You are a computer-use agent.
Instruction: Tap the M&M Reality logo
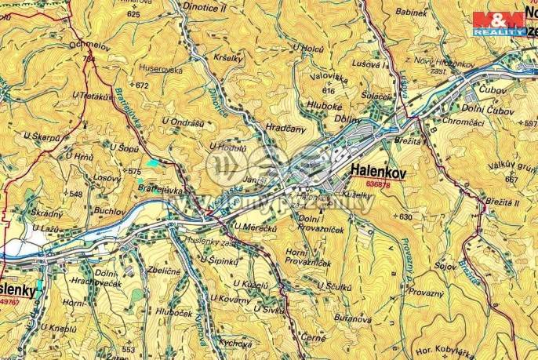tap(499, 23)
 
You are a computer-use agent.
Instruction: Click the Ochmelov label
tap(87, 45)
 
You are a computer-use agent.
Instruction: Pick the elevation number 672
tap(142, 85)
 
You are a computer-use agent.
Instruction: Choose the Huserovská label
tap(162, 68)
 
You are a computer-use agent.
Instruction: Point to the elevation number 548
tap(75, 194)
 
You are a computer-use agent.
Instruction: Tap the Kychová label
tap(235, 344)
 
